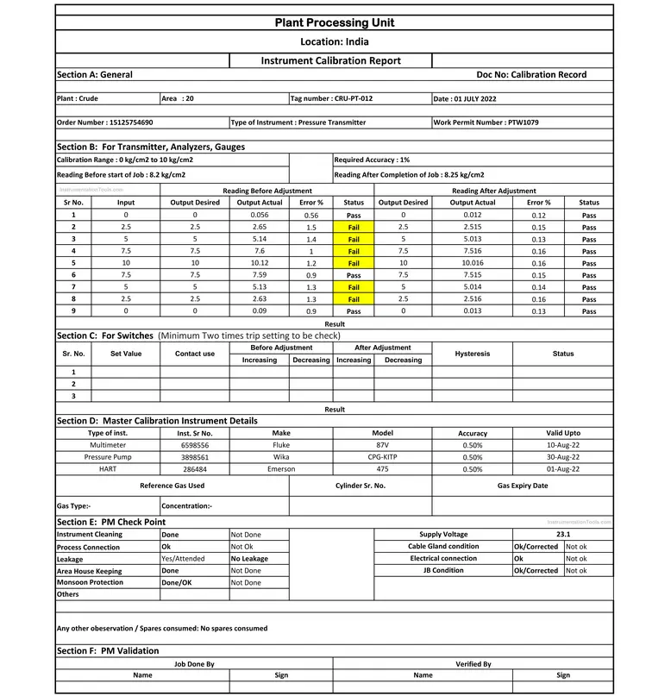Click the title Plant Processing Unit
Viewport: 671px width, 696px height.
[335, 22]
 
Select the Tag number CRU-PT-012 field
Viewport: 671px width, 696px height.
[332, 98]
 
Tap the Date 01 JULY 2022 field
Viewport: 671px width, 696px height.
[465, 98]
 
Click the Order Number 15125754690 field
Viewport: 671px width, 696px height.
[104, 122]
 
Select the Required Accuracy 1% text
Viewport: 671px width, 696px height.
[372, 160]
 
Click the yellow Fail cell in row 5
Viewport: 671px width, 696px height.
[354, 263]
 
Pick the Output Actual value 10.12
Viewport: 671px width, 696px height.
[260, 263]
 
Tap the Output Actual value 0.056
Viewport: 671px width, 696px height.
[260, 215]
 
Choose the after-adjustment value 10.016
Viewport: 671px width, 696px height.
[473, 263]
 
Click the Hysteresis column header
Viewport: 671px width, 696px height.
[472, 354]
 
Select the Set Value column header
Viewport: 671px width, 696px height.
[126, 354]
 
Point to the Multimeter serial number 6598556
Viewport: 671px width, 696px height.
[194, 445]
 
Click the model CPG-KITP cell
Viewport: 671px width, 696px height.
[382, 457]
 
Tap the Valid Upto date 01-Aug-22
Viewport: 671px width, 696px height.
[563, 469]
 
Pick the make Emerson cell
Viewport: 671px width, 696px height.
[281, 469]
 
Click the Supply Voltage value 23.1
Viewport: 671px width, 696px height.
[563, 535]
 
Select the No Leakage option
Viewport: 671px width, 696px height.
[250, 559]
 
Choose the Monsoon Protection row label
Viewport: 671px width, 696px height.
[90, 582]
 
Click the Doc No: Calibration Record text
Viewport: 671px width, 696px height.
[531, 74]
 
